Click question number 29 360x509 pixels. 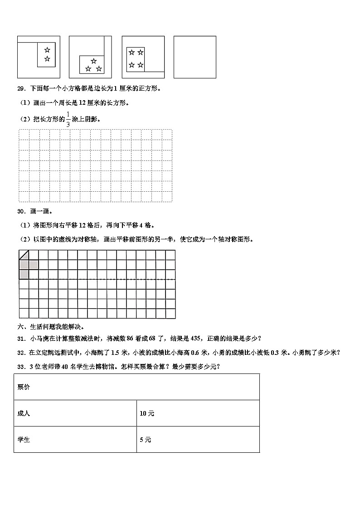(x=21, y=88)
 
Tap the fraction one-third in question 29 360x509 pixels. (x=68, y=119)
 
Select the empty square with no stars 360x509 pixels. (x=195, y=57)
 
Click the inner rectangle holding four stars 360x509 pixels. (x=136, y=59)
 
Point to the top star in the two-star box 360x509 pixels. (x=47, y=50)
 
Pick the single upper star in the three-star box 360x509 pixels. (x=94, y=61)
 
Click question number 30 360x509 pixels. (x=21, y=211)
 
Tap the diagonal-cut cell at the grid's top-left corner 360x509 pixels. (x=24, y=255)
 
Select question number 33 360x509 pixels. (x=21, y=367)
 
